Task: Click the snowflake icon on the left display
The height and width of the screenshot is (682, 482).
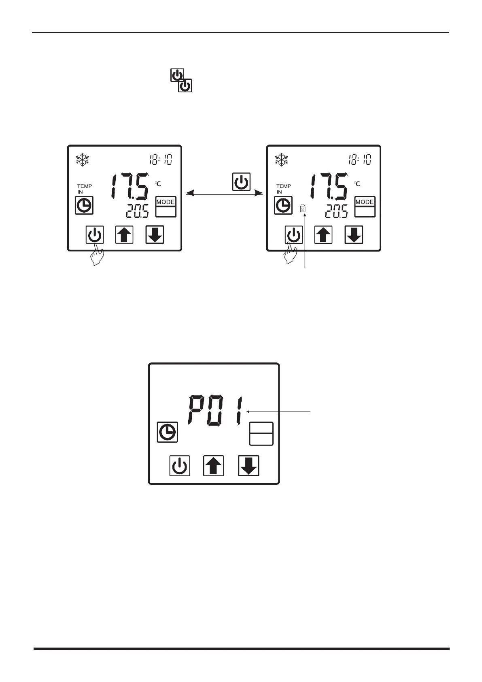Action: click(x=82, y=160)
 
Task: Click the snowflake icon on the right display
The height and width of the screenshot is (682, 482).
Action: click(x=281, y=160)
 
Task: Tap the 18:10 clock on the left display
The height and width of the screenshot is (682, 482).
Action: click(x=160, y=159)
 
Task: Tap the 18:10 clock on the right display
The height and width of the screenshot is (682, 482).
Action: click(x=359, y=159)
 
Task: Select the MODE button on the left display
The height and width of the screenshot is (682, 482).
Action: click(x=166, y=206)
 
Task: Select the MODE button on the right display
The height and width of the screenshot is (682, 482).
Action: click(x=365, y=206)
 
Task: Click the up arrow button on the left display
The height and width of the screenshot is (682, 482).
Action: click(x=124, y=234)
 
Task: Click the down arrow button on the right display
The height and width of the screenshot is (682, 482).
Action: click(x=354, y=234)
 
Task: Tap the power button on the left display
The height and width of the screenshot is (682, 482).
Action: click(x=95, y=234)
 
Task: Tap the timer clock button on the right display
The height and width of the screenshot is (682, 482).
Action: click(x=283, y=205)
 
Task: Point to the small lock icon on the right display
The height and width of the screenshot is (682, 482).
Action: click(x=303, y=209)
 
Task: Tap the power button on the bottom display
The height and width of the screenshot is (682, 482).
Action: click(x=180, y=466)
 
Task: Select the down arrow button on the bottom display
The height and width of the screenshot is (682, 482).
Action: click(x=248, y=466)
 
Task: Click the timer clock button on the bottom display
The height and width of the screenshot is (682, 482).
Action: click(x=167, y=432)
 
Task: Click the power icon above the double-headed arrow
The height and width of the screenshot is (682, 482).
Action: click(x=241, y=182)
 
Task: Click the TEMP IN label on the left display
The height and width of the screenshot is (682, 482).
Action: click(x=84, y=189)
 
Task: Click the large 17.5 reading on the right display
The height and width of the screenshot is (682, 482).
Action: click(x=328, y=186)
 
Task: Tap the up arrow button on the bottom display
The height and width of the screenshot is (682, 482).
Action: click(x=214, y=466)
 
